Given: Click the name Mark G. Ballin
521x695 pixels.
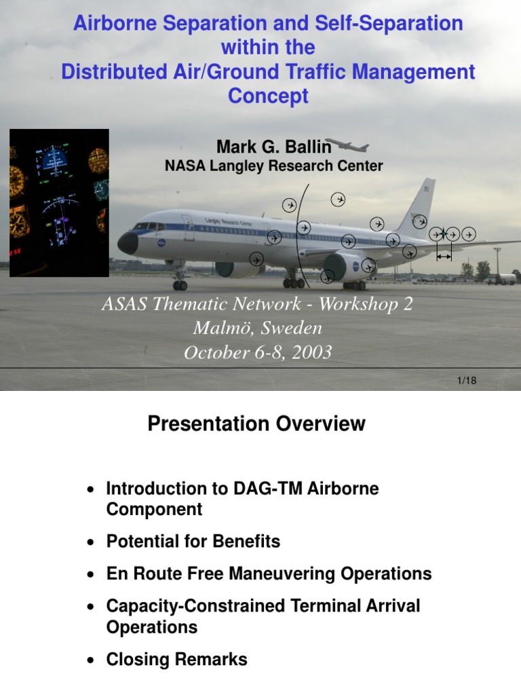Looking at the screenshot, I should (x=273, y=147).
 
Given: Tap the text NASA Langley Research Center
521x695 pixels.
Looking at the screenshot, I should (x=274, y=166).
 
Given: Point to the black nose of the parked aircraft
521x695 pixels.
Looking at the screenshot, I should (x=127, y=243).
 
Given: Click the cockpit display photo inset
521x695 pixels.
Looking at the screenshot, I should (x=59, y=202).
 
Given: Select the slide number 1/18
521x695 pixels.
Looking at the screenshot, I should (x=467, y=381).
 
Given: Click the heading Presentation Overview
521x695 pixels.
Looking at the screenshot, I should (x=256, y=424).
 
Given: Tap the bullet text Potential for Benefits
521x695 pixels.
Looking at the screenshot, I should (x=193, y=542).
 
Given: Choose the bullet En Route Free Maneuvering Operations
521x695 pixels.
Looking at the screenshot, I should (x=269, y=574).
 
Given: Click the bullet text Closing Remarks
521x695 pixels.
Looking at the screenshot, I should (x=176, y=659).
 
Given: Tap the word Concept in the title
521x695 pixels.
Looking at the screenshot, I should (x=268, y=96).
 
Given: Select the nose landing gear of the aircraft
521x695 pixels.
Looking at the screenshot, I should (x=180, y=281).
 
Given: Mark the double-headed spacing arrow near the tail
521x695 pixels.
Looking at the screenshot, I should (x=444, y=257).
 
